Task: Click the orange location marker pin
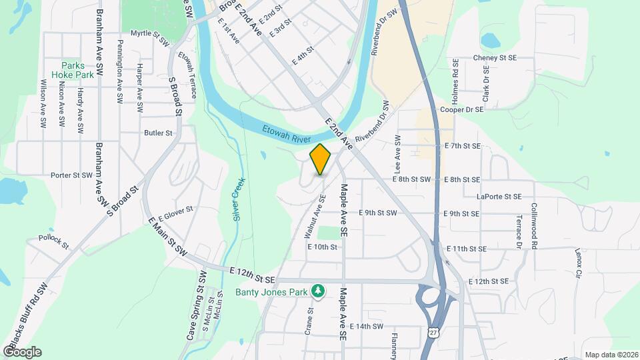coord(320,159)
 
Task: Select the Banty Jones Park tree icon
coord(319,291)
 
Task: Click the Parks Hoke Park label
coord(77,71)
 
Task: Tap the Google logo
coord(22,351)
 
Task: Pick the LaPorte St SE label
coord(498,197)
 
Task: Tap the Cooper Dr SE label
coord(461,109)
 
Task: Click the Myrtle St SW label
coord(149,33)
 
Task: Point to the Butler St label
coord(158,133)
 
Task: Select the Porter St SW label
coord(71,175)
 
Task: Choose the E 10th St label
coord(323,246)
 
